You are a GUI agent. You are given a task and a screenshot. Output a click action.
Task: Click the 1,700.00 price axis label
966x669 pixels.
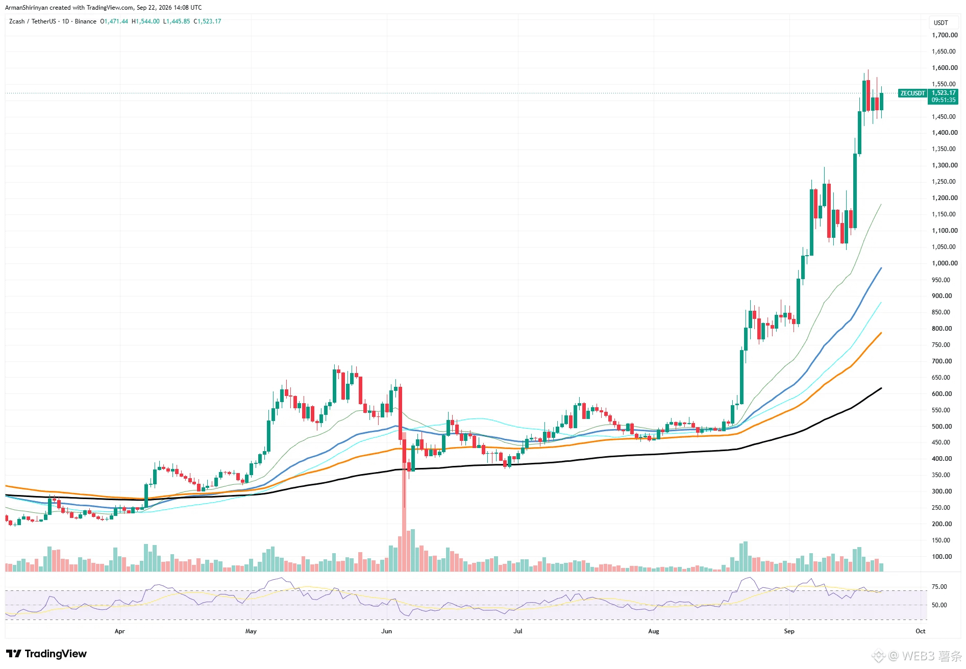click(x=945, y=35)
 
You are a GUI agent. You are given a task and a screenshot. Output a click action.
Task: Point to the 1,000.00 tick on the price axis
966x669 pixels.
click(x=945, y=263)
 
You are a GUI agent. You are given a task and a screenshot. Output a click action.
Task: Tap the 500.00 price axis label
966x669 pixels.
click(x=942, y=426)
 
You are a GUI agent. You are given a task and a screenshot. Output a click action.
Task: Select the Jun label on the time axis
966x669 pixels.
click(x=387, y=631)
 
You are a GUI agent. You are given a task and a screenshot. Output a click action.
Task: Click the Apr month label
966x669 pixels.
click(x=120, y=631)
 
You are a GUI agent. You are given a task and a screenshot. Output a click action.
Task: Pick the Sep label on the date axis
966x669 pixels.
click(x=789, y=631)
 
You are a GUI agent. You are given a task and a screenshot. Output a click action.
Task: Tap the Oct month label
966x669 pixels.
click(x=920, y=631)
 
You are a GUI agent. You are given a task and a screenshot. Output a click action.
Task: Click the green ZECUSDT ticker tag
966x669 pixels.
click(x=912, y=93)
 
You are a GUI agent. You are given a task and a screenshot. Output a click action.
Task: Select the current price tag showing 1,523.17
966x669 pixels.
click(x=944, y=96)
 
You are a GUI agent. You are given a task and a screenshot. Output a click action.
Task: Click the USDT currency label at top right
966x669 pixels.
click(x=941, y=23)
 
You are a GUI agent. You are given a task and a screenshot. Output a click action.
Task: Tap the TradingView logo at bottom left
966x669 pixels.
click(x=46, y=654)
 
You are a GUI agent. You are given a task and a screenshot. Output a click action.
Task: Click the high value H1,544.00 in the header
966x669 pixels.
click(x=145, y=21)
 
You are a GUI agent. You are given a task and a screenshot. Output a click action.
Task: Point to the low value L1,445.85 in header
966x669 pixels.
click(x=177, y=21)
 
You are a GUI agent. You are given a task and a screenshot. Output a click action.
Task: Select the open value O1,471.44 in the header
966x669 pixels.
click(x=114, y=21)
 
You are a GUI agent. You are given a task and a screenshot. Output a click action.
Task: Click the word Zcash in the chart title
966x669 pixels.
click(x=17, y=21)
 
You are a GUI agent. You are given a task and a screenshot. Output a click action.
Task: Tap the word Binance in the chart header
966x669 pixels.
click(x=86, y=21)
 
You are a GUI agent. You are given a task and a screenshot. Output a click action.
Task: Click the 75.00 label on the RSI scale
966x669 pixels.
click(x=939, y=587)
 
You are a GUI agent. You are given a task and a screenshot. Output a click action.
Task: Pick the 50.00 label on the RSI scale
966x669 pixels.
click(x=939, y=605)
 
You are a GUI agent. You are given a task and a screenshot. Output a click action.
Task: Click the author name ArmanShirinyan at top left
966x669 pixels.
click(x=27, y=8)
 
